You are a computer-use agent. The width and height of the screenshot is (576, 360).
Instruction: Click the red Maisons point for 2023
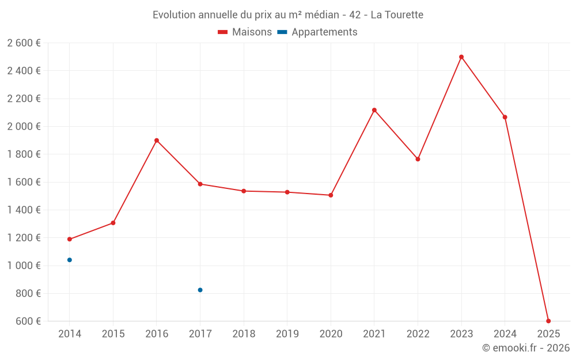461,57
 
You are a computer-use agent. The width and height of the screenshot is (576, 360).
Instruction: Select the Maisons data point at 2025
548,321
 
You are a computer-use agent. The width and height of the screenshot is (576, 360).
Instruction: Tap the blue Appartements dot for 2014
70,260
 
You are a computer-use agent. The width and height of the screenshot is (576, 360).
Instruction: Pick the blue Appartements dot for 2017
200,290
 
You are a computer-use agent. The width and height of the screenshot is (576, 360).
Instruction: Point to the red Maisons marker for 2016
157,141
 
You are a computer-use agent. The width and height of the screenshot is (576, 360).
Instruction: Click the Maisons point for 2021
374,110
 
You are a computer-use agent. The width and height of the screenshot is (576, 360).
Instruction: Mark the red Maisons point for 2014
70,239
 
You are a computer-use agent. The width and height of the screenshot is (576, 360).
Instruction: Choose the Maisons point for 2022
418,159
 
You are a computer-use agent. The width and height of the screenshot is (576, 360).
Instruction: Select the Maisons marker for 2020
331,195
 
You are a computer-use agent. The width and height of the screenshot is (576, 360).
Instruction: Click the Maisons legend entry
245,32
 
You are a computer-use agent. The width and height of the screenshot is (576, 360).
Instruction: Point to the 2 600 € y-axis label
24,43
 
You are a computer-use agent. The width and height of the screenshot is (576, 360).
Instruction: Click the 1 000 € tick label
24,266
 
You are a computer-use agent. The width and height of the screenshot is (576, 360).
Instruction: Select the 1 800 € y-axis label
24,154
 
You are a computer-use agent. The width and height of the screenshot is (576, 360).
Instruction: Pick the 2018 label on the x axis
244,334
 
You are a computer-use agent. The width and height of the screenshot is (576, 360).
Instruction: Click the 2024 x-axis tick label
505,334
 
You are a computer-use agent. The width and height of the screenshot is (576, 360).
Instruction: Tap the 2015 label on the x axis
113,334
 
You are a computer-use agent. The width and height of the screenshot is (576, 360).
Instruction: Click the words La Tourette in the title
397,15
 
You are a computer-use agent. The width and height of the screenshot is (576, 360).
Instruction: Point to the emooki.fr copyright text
526,348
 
